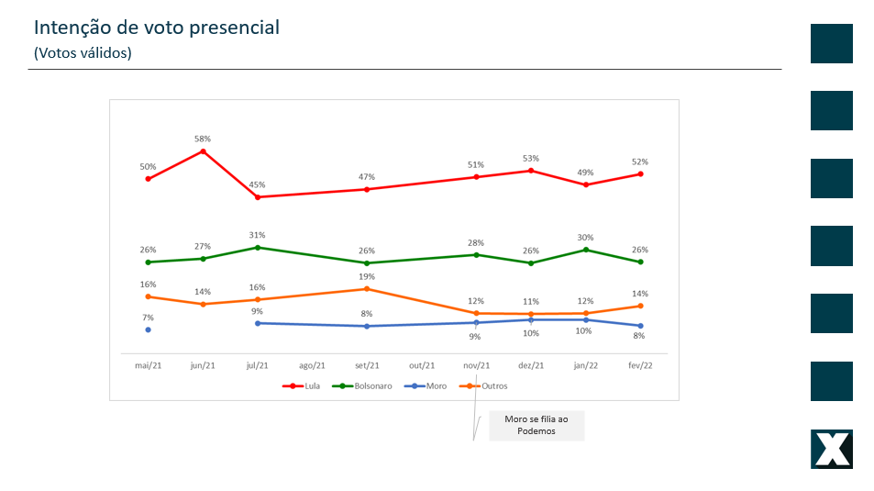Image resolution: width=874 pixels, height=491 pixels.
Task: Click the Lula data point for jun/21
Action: point(203,151)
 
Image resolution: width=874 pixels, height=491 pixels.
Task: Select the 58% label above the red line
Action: point(203,139)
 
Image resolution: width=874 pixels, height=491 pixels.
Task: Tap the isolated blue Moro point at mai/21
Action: point(148,329)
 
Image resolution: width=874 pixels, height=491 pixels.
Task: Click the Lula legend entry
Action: point(304,386)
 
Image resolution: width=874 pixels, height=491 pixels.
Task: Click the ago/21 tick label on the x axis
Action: point(312,365)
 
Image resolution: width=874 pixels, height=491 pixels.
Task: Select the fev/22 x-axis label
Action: point(639,365)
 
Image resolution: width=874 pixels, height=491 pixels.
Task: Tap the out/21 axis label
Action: point(421,365)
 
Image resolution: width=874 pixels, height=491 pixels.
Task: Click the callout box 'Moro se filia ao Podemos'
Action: point(537,425)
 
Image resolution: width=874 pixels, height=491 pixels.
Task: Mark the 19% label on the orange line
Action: point(366,276)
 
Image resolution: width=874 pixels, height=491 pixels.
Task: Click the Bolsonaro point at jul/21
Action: point(258,247)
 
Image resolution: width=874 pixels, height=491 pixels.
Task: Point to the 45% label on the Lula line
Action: point(258,184)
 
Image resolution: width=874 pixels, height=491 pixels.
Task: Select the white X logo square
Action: point(832,449)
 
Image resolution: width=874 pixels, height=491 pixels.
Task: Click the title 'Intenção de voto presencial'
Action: point(157,28)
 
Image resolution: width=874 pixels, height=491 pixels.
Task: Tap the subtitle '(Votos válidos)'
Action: point(83,53)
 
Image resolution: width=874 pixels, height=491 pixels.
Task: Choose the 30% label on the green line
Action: point(585,237)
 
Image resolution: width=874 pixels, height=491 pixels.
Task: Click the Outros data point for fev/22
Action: point(640,306)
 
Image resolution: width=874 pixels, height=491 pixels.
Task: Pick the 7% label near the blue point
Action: point(148,318)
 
